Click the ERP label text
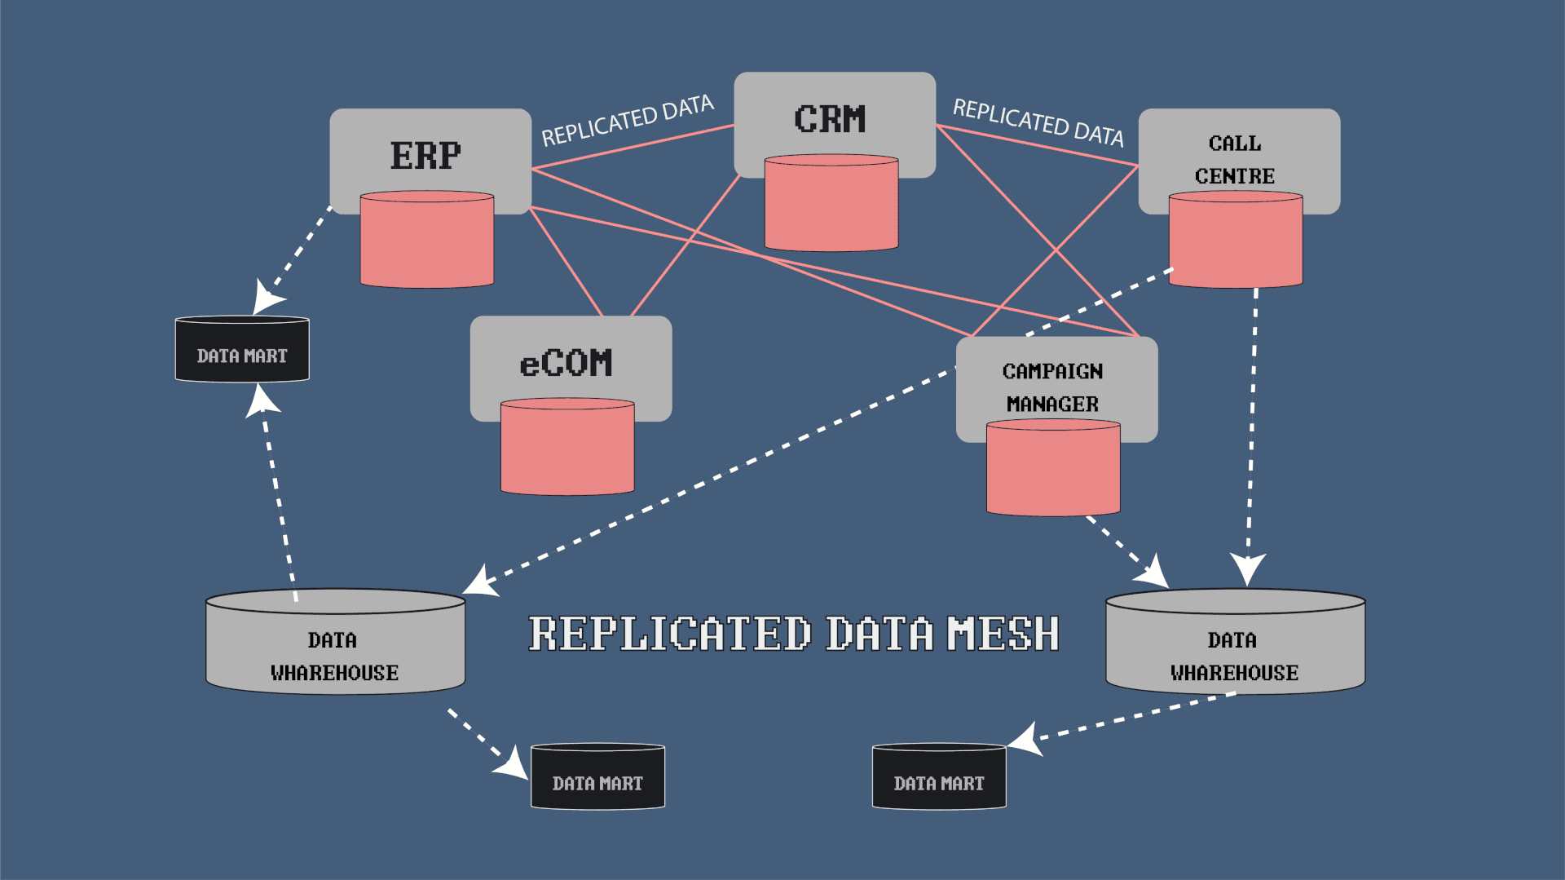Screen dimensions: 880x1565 pos(425,156)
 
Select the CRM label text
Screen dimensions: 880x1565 pos(830,119)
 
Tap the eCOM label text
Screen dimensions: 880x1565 pos(566,363)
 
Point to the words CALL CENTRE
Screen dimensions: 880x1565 pos(1235,160)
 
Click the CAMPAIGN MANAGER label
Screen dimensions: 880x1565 pos(1052,387)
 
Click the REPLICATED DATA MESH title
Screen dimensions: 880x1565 pos(794,635)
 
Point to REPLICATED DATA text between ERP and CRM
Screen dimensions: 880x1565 pos(628,121)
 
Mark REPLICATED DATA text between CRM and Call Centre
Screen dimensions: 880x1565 pos(1038,122)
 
